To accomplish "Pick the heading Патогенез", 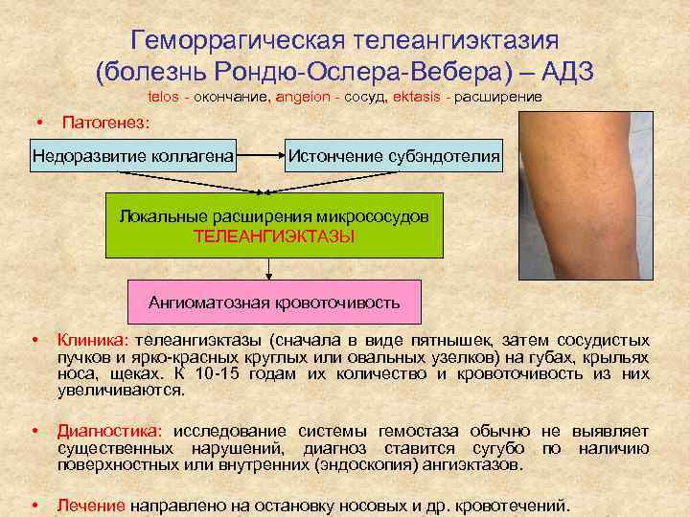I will pos(105,124).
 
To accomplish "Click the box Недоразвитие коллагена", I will pos(133,153).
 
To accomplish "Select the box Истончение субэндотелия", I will pos(393,153).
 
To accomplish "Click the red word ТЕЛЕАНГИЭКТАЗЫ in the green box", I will pos(274,236).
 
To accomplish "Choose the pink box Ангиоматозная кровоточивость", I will pos(274,303).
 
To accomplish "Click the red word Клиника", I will pos(93,340).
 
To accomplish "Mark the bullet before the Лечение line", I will pos(34,504).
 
